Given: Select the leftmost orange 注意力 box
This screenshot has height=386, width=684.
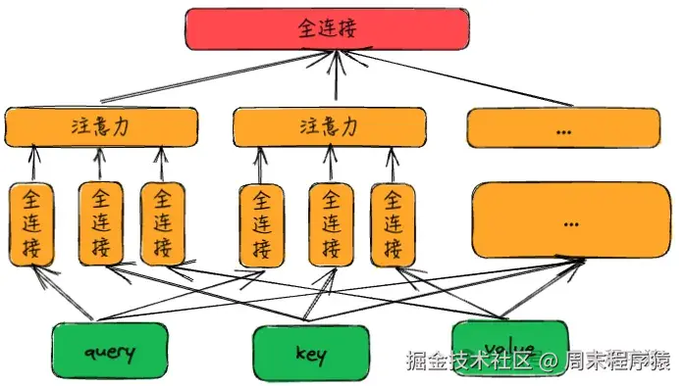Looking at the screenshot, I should (102, 126).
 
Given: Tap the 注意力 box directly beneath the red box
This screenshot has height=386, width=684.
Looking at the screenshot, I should (330, 126).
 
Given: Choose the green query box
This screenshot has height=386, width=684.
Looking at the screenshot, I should (109, 352).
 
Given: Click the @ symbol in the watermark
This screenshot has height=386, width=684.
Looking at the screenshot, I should (548, 361).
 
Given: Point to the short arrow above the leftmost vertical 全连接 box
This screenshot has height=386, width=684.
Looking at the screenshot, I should (32, 164).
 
